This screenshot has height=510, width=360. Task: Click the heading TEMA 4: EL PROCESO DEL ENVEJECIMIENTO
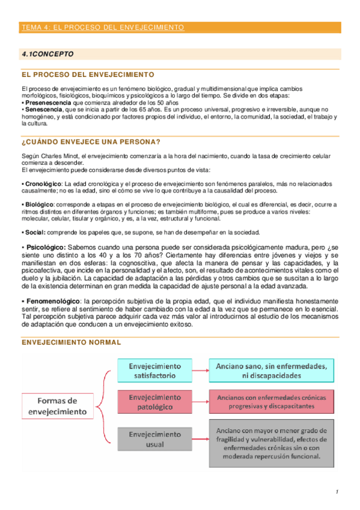point(102,28)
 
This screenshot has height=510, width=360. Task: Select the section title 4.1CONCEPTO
point(47,54)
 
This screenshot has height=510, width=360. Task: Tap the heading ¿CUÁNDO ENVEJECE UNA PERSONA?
point(91,142)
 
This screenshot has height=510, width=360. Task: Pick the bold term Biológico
point(38,204)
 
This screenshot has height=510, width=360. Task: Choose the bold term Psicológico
point(44,247)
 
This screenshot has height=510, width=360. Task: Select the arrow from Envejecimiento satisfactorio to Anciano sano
point(201,370)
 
